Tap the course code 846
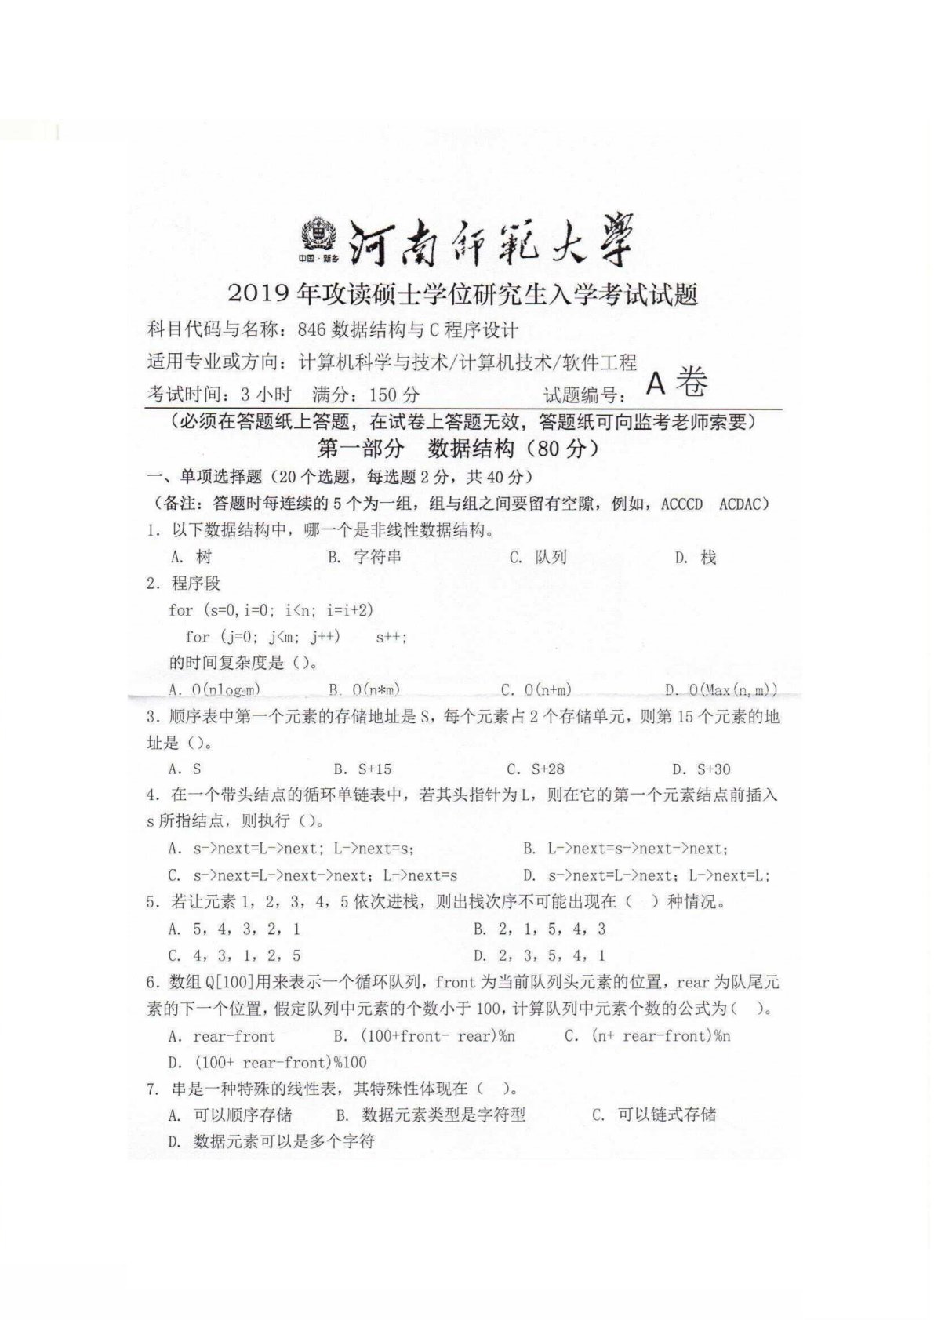311,329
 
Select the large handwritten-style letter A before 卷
656,384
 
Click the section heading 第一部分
360,449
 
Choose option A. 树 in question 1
191,557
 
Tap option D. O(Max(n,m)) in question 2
721,690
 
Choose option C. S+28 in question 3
536,769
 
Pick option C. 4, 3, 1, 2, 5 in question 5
234,955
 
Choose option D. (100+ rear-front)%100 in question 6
267,1063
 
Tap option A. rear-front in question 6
222,1036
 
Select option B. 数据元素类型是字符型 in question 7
431,1115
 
